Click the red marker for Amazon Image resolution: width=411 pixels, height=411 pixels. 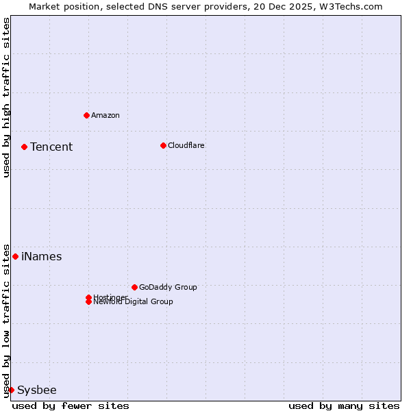86,115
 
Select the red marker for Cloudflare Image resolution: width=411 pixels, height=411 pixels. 163,145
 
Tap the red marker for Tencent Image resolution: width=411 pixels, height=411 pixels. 24,147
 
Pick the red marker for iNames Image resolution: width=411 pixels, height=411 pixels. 15,256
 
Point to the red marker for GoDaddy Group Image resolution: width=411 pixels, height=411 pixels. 134,287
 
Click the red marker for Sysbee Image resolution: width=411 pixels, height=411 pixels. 11,390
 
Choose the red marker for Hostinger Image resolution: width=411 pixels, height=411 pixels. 88,297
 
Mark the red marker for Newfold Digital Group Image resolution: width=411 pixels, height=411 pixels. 88,302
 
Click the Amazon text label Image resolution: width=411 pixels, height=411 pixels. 105,115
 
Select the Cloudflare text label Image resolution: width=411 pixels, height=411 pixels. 186,145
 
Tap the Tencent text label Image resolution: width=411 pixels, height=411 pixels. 51,147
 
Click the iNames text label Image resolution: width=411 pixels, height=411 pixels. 42,256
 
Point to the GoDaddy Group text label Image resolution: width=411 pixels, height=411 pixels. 168,287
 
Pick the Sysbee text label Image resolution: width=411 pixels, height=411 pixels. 37,390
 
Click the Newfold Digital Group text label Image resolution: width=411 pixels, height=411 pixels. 134,302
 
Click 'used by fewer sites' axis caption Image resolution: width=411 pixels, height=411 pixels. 71,406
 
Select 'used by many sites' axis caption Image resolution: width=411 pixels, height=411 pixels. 344,406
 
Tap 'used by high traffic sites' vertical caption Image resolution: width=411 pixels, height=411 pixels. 6,98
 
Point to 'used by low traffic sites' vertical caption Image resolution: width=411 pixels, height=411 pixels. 6,320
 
